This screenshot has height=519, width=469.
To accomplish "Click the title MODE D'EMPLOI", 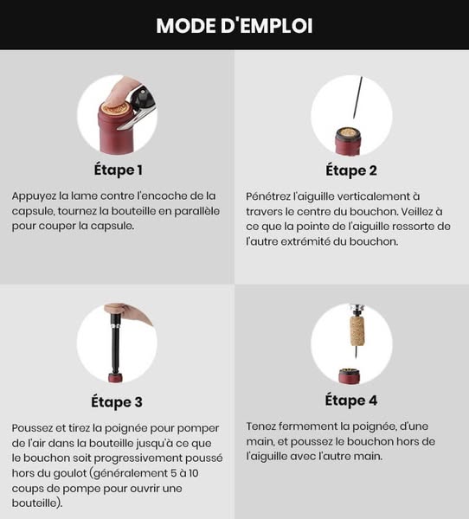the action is (234, 26).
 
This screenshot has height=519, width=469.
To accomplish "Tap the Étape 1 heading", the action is (119, 170).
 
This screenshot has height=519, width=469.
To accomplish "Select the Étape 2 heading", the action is (351, 170).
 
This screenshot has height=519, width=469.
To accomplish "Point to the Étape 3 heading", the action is (117, 402).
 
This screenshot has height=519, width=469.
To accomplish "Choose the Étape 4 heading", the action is (351, 400).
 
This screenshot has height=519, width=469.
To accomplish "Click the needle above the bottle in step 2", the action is (357, 98).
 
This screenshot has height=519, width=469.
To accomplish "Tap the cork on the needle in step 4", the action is (357, 331).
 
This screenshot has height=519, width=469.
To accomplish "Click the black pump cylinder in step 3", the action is (115, 344).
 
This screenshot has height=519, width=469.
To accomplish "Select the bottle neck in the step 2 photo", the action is (348, 142).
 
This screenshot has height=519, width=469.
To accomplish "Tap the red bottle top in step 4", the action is (349, 375).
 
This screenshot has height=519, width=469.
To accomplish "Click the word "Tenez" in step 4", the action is (260, 426).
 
